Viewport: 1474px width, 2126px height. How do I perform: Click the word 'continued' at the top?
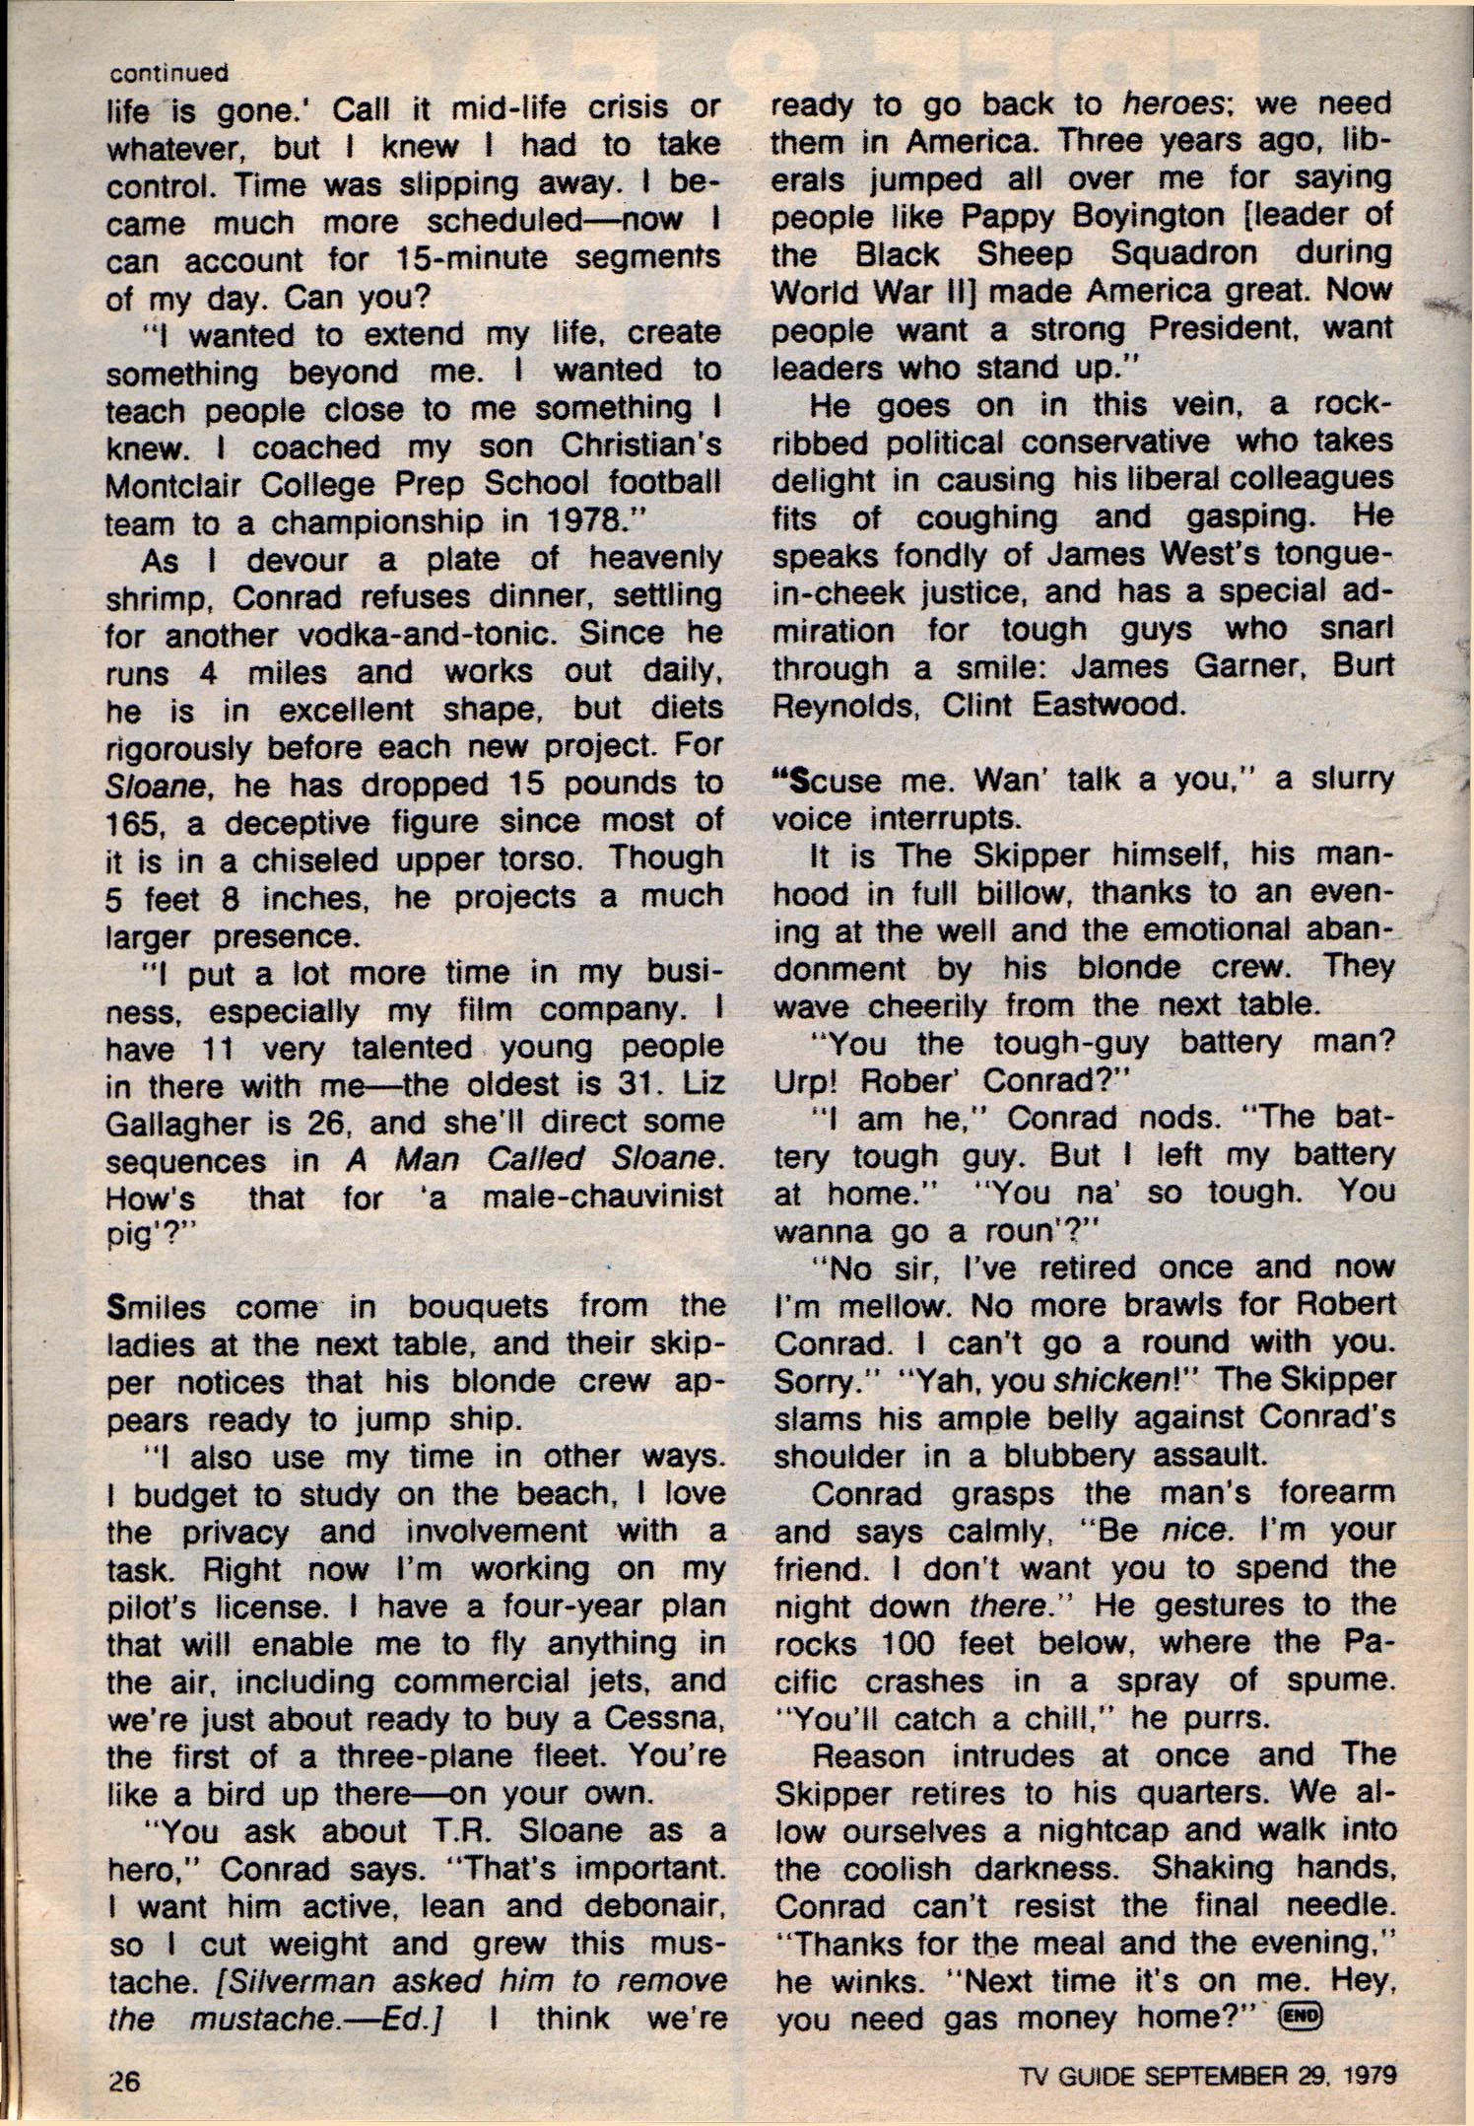pyautogui.click(x=168, y=72)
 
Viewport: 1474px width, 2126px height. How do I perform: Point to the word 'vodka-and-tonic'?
pyautogui.click(x=404, y=634)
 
